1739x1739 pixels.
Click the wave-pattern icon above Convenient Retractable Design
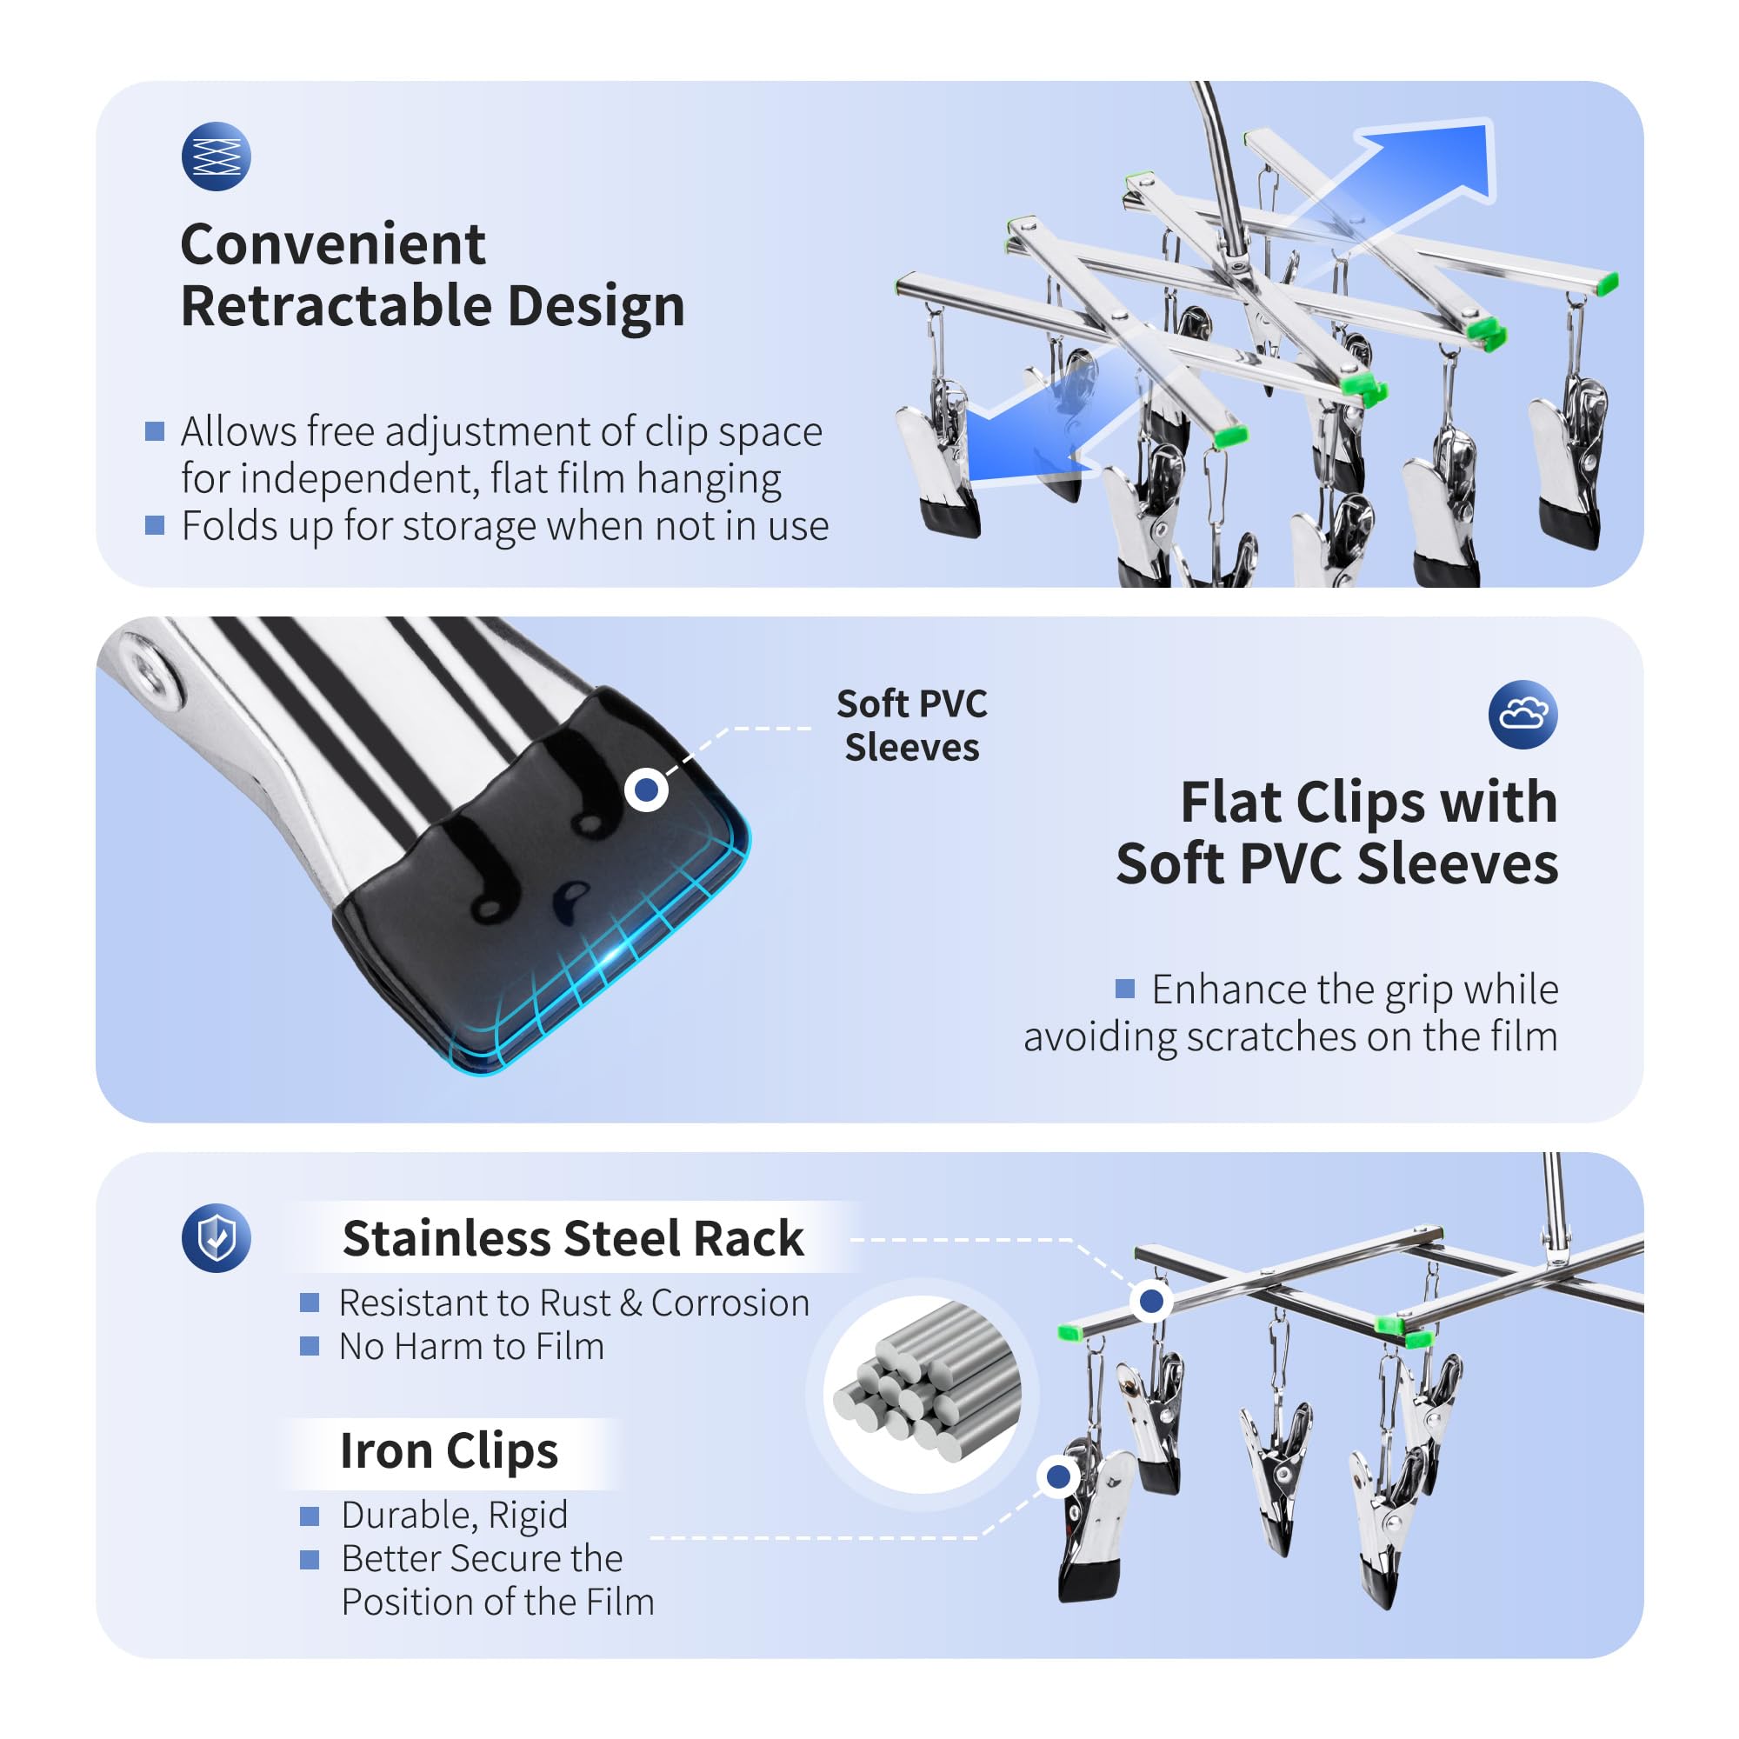point(216,156)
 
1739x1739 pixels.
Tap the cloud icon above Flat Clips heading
point(1522,715)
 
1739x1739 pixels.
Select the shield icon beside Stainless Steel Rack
point(216,1237)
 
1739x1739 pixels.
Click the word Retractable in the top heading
point(336,306)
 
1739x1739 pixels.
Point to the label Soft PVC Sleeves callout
point(911,725)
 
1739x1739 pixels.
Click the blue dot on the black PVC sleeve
point(646,790)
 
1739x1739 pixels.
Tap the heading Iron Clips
point(450,1450)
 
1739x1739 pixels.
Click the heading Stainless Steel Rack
point(573,1237)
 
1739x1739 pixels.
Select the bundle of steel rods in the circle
point(927,1392)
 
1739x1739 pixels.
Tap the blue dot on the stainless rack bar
point(1151,1301)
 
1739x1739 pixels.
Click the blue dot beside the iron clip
point(1058,1476)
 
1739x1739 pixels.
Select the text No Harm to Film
point(471,1347)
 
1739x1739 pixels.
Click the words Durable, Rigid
point(455,1516)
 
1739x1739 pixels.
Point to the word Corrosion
point(730,1303)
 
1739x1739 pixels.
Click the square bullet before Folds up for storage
point(155,526)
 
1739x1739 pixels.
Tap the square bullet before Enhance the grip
point(1124,989)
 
